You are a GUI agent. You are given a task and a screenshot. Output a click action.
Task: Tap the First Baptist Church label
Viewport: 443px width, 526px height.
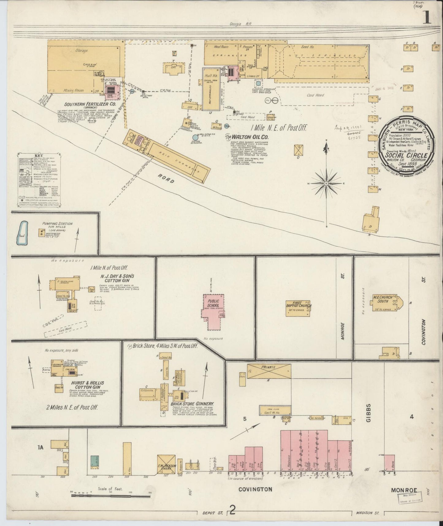click(299, 304)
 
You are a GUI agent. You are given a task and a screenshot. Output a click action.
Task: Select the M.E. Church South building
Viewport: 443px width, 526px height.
click(385, 304)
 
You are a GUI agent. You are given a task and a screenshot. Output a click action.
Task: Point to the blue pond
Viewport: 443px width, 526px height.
click(21, 234)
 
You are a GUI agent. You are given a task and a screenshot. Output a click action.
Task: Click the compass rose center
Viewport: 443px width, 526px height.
click(327, 184)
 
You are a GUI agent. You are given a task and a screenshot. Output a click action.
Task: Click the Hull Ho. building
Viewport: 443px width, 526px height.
click(211, 89)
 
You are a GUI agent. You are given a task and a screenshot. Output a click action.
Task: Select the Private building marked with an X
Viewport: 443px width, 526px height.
click(269, 371)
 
